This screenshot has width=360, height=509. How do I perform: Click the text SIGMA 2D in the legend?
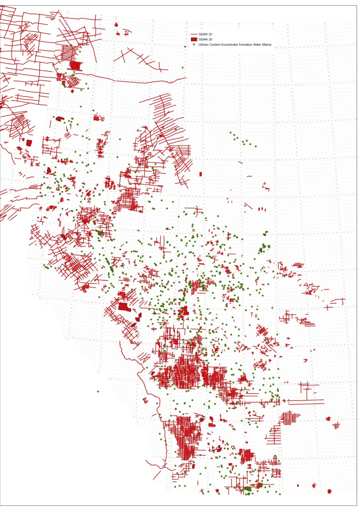(205, 34)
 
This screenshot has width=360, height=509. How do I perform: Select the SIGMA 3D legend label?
(205, 39)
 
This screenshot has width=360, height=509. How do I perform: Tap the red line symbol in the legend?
(194, 34)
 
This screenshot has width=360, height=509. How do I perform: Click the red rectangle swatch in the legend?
(194, 39)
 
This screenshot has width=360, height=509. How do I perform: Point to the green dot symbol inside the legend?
(194, 45)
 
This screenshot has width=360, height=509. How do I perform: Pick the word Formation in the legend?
(246, 45)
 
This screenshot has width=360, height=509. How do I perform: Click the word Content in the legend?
(214, 45)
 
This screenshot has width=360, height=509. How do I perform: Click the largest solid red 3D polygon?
(123, 307)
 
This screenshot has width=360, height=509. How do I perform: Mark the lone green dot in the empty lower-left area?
(98, 391)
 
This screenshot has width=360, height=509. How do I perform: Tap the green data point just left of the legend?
(185, 46)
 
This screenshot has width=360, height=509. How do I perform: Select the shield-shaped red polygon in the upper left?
(29, 143)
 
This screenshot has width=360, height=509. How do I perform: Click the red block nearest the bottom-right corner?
(330, 491)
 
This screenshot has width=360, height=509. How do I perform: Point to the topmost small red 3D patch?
(116, 25)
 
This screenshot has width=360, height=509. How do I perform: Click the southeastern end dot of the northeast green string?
(256, 146)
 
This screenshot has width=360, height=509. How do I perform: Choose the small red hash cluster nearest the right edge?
(336, 425)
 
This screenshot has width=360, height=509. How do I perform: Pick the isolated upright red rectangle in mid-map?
(201, 174)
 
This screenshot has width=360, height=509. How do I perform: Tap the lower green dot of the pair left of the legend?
(182, 68)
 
